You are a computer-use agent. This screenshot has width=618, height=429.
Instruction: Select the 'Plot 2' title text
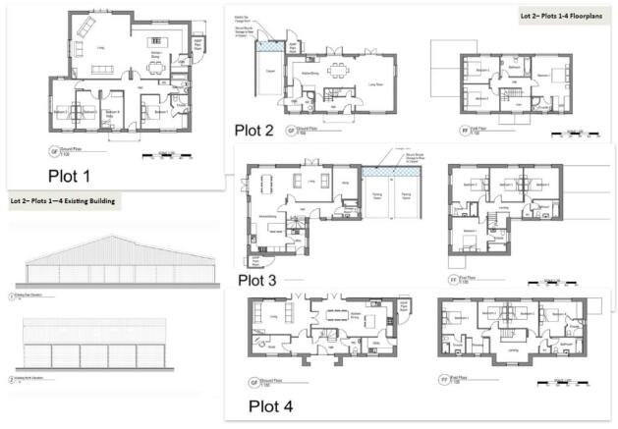(x=259, y=129)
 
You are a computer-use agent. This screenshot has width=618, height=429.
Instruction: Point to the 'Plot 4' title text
(x=257, y=404)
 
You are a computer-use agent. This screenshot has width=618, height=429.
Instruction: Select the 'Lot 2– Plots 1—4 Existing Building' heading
(x=63, y=201)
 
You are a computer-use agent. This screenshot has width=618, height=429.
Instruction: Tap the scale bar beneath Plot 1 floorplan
(x=162, y=154)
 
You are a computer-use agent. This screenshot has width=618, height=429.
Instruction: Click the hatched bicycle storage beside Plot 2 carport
(x=266, y=46)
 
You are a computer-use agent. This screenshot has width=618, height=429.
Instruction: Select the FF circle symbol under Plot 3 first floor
(x=454, y=278)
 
